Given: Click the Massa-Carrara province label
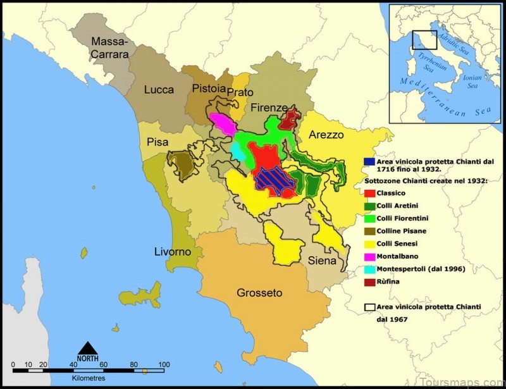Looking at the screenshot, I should click(110, 47).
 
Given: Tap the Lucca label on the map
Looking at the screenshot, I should click(159, 90).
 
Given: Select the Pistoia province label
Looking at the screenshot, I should click(209, 88).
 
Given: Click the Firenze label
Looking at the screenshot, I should click(269, 108).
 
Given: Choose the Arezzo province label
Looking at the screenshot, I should click(326, 135).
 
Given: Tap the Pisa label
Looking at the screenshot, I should click(157, 142).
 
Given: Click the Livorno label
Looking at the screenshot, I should click(172, 252).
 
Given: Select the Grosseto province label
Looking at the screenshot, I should click(259, 293).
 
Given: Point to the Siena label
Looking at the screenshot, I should click(322, 260).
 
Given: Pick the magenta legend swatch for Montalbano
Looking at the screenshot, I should click(369, 256).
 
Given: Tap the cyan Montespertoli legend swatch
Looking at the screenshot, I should click(369, 269).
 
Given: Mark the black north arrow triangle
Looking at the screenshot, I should click(87, 347).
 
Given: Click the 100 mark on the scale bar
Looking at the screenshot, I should click(164, 365).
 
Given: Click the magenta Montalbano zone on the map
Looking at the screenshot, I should click(223, 122).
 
